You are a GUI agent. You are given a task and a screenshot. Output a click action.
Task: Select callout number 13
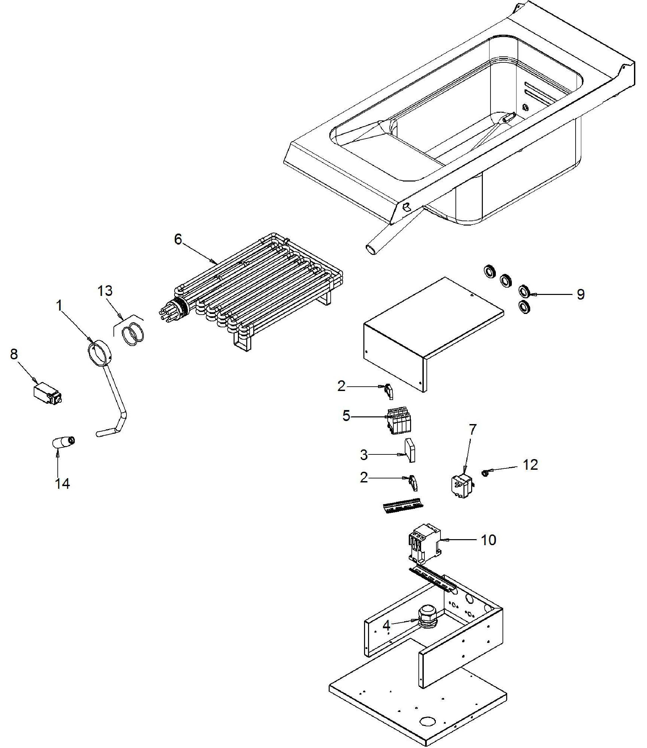(x=105, y=291)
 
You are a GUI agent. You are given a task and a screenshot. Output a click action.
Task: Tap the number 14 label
(x=62, y=483)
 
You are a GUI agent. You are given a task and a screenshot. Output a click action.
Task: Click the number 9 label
(x=581, y=295)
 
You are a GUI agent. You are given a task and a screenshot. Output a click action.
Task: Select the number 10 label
(x=488, y=540)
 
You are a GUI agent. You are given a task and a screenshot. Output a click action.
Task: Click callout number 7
(x=472, y=430)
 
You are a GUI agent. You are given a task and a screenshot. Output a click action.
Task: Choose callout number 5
(x=346, y=416)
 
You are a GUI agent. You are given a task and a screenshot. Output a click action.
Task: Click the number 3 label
(x=364, y=455)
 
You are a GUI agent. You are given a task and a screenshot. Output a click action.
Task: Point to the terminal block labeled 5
(x=398, y=421)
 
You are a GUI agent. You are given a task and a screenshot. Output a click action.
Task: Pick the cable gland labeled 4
(x=427, y=618)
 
